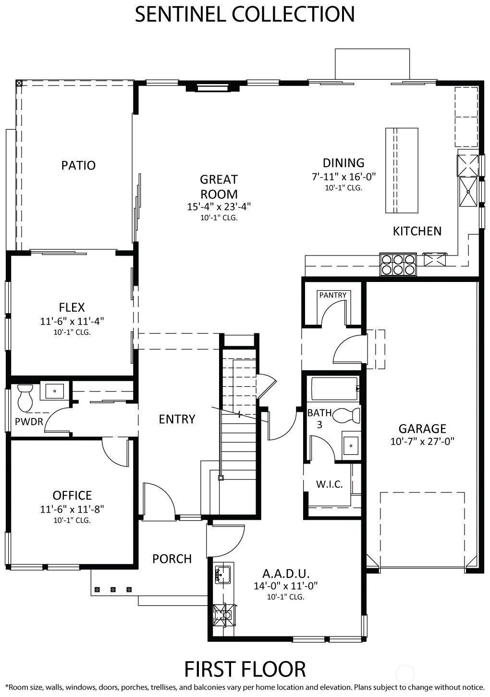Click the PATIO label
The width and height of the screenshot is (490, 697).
pos(78,166)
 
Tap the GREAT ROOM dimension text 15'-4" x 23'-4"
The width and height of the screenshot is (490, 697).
pos(219,207)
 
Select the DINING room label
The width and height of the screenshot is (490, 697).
pos(343,163)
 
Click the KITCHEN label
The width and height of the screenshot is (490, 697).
pos(417,231)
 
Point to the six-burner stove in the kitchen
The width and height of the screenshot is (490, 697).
pos(398,265)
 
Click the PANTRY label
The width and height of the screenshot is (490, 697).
pos(332,295)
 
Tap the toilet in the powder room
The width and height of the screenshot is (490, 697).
pos(25,398)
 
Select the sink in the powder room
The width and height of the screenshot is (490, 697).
pos(54,391)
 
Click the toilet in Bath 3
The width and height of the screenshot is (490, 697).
pos(346,416)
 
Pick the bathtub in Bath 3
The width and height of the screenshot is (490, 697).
pos(334,389)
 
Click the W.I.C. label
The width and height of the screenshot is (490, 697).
pos(329,484)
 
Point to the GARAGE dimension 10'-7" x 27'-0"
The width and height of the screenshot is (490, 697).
pos(422,441)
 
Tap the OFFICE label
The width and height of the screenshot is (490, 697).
pos(72,495)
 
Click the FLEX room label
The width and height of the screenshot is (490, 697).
pos(72,307)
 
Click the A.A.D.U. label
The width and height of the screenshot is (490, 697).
pos(286,573)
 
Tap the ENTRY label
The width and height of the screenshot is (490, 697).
pos(177,419)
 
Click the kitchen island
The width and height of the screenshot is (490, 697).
pos(402,171)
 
